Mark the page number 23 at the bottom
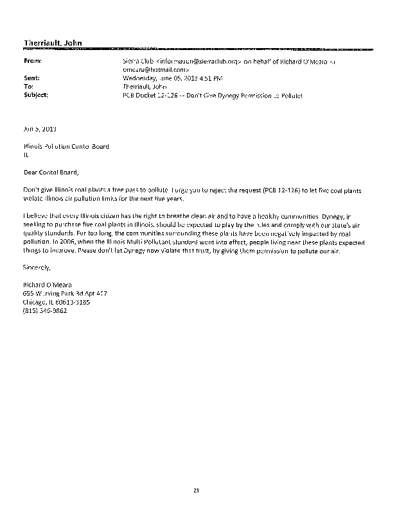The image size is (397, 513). pyautogui.click(x=196, y=491)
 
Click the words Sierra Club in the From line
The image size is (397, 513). pyautogui.click(x=136, y=61)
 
